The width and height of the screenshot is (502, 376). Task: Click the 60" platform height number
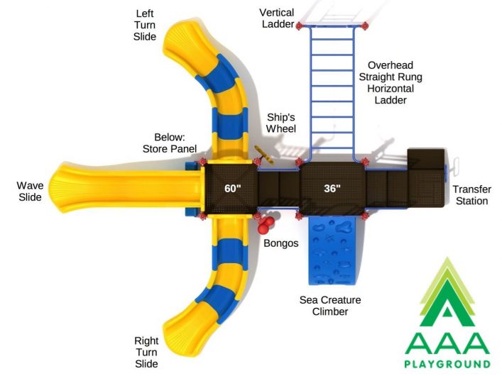click(232, 189)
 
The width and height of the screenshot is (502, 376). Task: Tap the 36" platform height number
click(332, 188)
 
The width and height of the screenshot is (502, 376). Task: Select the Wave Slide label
click(30, 192)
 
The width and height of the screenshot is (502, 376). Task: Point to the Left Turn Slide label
click(145, 25)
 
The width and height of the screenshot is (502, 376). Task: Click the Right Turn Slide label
click(146, 352)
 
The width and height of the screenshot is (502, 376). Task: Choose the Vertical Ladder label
click(277, 18)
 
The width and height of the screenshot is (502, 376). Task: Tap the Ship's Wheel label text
click(281, 123)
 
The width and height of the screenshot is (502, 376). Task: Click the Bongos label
click(280, 243)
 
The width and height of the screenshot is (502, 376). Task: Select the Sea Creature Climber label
click(330, 306)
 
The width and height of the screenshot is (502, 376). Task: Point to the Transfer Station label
click(472, 195)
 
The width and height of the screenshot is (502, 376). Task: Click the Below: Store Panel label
click(170, 143)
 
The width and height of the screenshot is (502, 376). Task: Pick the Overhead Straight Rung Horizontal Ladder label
click(391, 82)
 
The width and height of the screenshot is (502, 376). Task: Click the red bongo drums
click(266, 225)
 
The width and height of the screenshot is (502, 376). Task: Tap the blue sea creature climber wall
click(332, 250)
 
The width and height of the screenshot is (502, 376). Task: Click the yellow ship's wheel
click(264, 155)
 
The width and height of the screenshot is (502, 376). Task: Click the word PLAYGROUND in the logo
click(447, 364)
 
